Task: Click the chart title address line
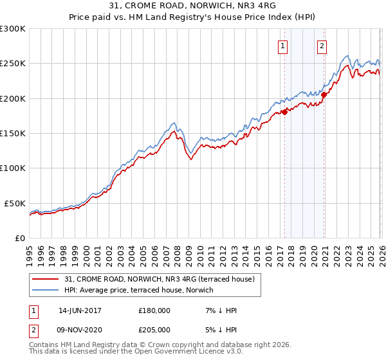pos(193,6)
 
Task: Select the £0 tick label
pos(20,238)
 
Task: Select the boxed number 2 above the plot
pos(322,46)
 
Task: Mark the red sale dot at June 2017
pos(284,113)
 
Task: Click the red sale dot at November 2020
pos(324,95)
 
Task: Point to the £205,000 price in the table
pos(154,328)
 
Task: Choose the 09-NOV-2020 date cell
pos(80,328)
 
